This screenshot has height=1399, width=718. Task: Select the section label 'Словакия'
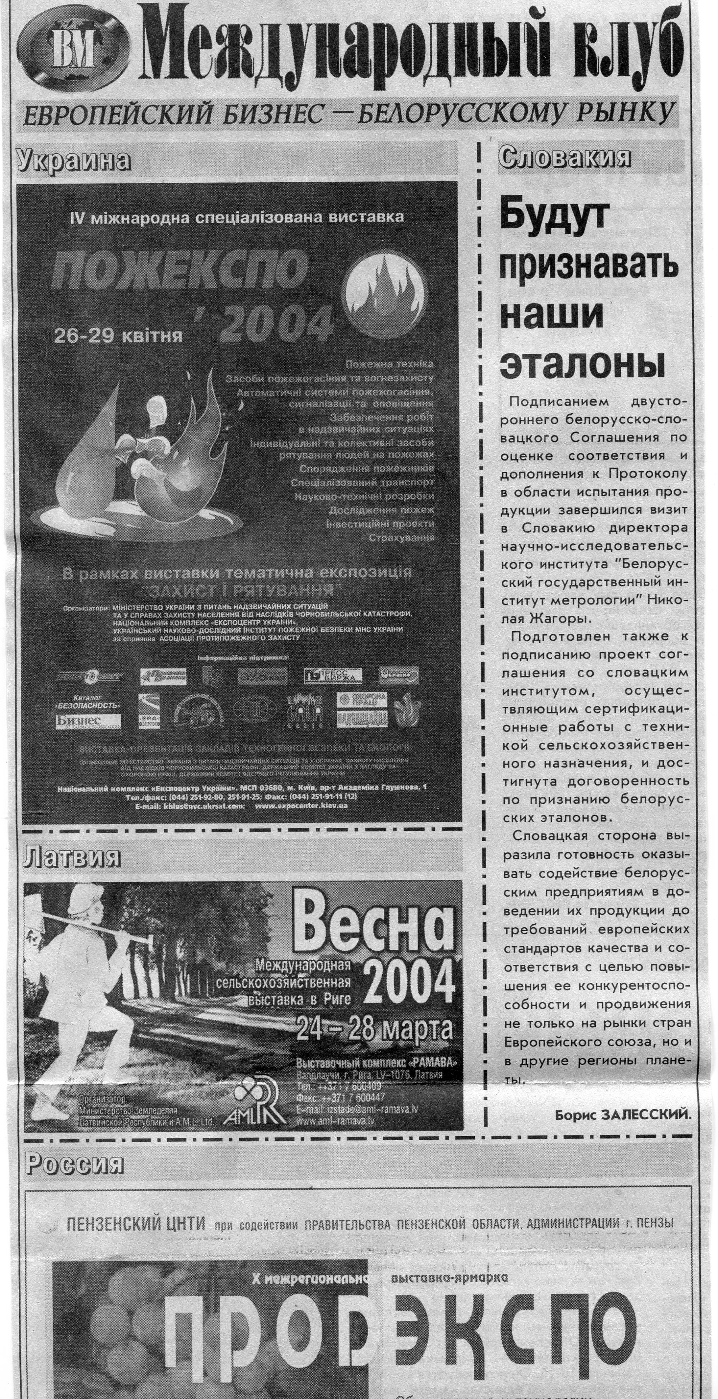(564, 157)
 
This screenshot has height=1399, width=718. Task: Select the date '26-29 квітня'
(117, 336)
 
